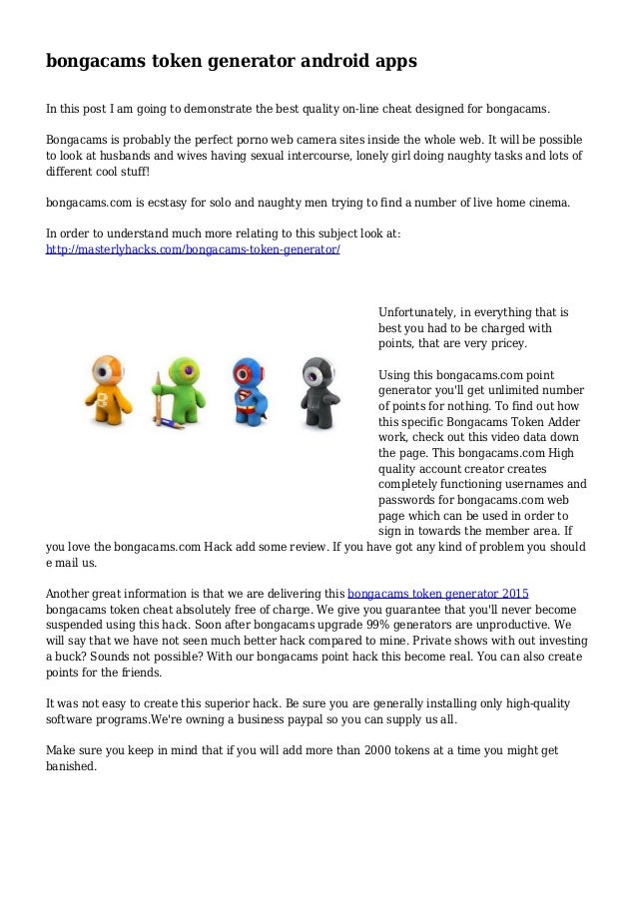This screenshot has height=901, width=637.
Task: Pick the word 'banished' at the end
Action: click(x=69, y=766)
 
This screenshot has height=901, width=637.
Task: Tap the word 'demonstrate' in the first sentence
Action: click(x=183, y=107)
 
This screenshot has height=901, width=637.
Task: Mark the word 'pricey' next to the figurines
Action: click(x=507, y=343)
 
